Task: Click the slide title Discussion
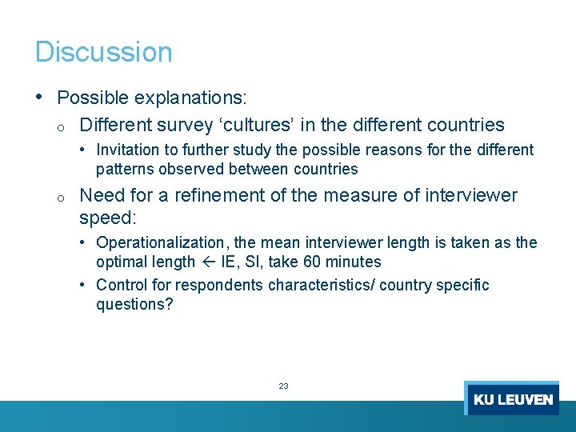103,52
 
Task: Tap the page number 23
283,386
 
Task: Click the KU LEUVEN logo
512,398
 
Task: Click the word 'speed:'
109,217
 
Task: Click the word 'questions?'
134,304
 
